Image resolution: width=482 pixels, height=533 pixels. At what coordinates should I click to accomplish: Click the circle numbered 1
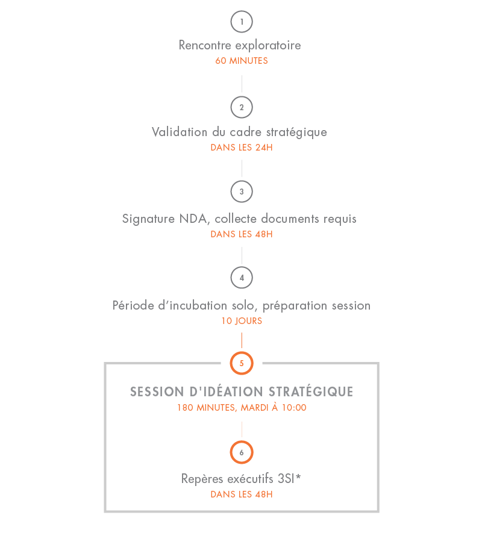(x=242, y=22)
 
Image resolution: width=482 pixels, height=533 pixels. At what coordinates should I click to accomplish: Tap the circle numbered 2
(x=242, y=107)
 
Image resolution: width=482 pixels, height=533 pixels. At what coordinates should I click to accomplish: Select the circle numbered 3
(x=242, y=192)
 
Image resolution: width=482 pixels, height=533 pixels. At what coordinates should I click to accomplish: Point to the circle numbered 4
(x=242, y=278)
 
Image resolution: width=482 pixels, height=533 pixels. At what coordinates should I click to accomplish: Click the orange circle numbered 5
(x=242, y=364)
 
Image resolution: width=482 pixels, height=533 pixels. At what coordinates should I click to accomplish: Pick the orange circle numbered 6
(x=242, y=452)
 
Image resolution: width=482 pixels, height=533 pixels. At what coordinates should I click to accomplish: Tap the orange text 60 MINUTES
(x=242, y=61)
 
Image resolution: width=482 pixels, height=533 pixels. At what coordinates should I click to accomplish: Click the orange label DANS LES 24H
(x=242, y=148)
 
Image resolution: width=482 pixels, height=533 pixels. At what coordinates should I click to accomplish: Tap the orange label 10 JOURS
(x=242, y=321)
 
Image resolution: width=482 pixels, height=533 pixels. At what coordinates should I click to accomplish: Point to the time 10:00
(x=294, y=408)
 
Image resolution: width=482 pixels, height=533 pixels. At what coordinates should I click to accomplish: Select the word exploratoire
(x=268, y=45)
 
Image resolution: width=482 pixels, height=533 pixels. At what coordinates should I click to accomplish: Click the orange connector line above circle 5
(x=242, y=339)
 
